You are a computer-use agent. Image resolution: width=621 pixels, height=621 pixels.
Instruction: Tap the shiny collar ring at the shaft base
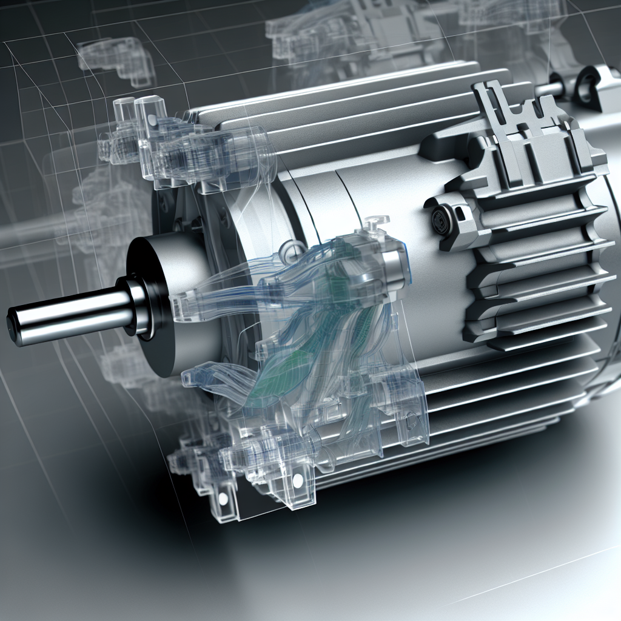pos(138,306)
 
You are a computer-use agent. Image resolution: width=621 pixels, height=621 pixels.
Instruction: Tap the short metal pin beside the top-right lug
pos(549,89)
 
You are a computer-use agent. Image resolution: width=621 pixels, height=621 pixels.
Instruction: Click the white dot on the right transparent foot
pos(298,480)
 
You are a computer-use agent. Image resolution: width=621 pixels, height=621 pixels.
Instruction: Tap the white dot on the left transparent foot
pos(223,498)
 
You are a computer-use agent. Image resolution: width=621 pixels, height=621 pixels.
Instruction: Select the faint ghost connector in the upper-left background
pos(115,58)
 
